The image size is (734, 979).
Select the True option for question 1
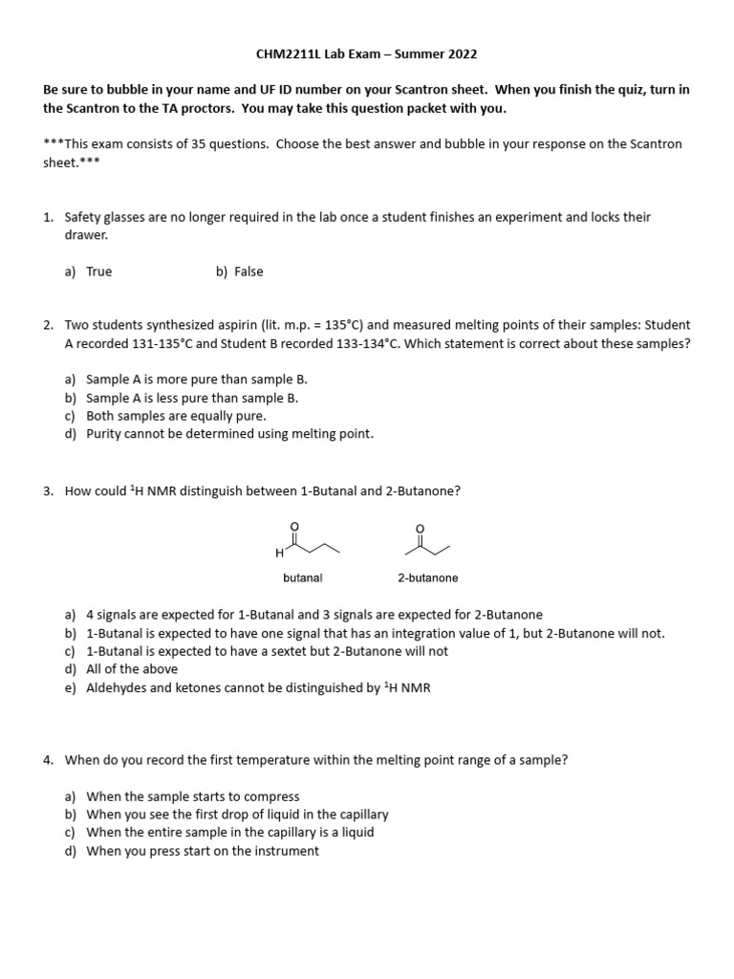pos(98,272)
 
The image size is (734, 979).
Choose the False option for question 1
pos(248,272)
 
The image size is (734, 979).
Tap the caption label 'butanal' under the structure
pos(303,578)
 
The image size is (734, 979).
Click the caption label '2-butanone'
pos(427,578)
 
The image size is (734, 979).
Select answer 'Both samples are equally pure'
pos(176,416)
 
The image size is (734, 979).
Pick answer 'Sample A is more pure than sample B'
pos(196,380)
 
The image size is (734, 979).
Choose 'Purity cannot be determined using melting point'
pos(229,434)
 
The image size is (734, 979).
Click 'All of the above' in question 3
pos(131,669)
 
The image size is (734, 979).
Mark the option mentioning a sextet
pos(267,651)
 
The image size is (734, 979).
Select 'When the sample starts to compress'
pos(192,796)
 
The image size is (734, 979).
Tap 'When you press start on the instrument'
pos(202,851)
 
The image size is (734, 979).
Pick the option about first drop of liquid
pos(237,815)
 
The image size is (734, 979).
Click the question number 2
pos(48,325)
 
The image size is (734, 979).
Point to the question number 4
pos(48,760)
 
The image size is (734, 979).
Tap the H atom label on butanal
pos(278,554)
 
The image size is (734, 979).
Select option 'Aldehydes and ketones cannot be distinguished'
pos(258,687)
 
